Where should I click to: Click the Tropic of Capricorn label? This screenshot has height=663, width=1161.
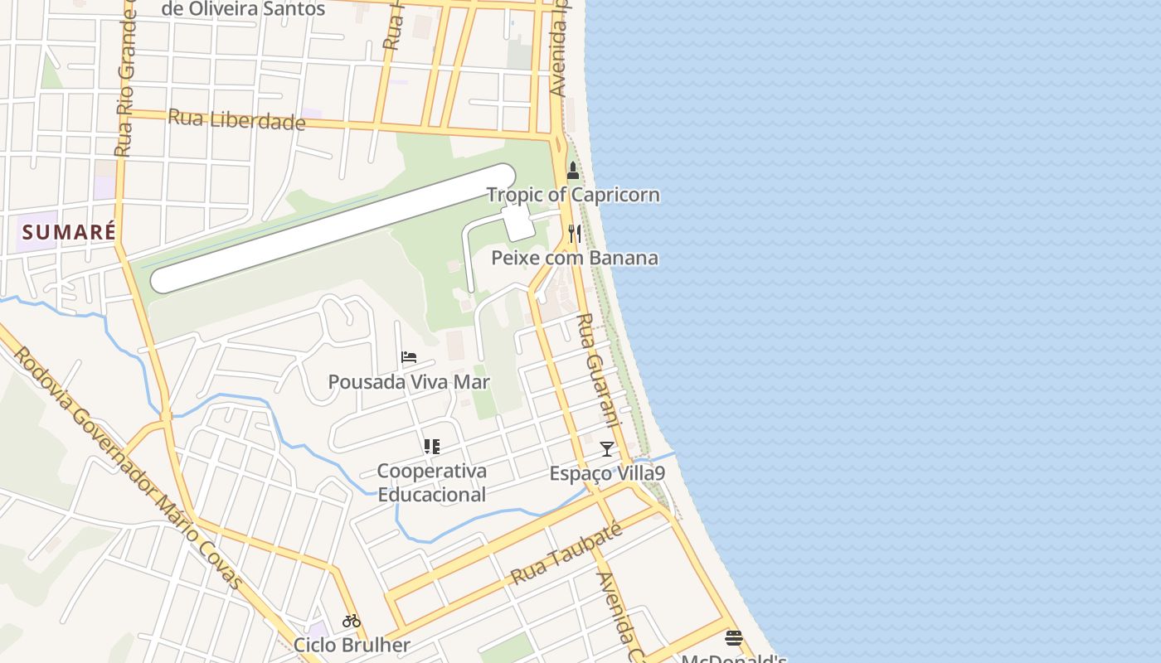tap(573, 195)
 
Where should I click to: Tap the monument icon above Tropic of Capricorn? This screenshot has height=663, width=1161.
tap(572, 172)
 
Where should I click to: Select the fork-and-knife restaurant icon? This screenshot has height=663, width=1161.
tap(574, 235)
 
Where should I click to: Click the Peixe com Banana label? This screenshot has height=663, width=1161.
tap(575, 258)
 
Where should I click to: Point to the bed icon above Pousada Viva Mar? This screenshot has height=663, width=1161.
tap(409, 358)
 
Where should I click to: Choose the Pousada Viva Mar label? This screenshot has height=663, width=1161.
tap(409, 382)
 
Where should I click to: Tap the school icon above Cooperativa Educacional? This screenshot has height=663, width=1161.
tap(431, 447)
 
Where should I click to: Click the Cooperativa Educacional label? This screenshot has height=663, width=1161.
tap(431, 482)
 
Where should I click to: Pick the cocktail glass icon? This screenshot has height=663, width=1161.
tap(607, 449)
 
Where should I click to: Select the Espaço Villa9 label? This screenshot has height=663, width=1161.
tap(607, 473)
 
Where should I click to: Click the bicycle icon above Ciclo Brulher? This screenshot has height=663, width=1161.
tap(352, 621)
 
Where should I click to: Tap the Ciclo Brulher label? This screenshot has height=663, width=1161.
tap(352, 645)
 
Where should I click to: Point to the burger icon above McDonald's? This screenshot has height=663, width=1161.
tap(733, 638)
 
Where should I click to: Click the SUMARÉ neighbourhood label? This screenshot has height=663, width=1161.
tap(69, 232)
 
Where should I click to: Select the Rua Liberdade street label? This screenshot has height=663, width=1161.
tap(236, 120)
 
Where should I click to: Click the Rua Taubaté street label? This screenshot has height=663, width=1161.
tap(566, 554)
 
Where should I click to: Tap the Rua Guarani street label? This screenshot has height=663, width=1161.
tap(598, 368)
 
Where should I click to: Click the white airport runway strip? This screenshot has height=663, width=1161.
tap(332, 228)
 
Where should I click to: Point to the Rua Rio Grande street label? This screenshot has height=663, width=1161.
tap(125, 83)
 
